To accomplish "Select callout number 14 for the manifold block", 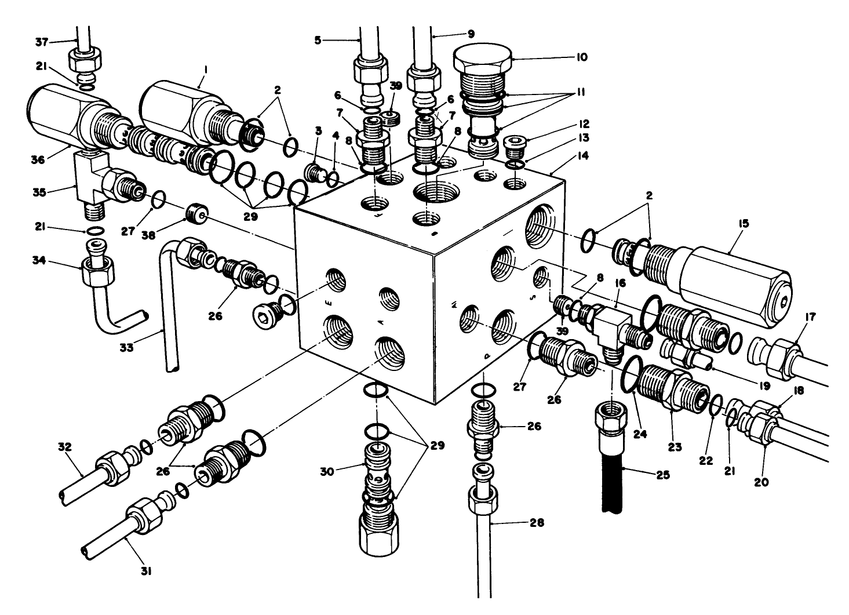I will click(582, 155).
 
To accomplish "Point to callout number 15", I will click(744, 223).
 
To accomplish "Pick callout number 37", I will click(41, 41).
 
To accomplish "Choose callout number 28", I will click(536, 522).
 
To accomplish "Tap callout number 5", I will click(318, 40).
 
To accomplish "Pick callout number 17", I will click(810, 317).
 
